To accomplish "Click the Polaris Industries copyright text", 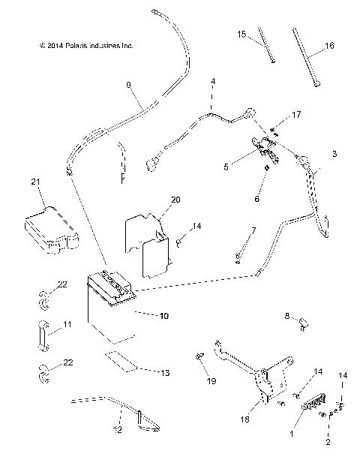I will (x=85, y=46).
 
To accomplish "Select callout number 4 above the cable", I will (x=212, y=80).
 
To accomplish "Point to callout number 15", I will (x=241, y=35).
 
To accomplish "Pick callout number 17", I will (x=296, y=114).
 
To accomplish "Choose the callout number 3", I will (x=334, y=154).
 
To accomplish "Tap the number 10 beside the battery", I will (x=163, y=316).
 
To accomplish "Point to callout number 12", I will (x=116, y=430).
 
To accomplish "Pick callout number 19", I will (x=211, y=381).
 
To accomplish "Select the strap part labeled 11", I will (x=42, y=331).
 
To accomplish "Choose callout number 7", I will (x=253, y=230).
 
